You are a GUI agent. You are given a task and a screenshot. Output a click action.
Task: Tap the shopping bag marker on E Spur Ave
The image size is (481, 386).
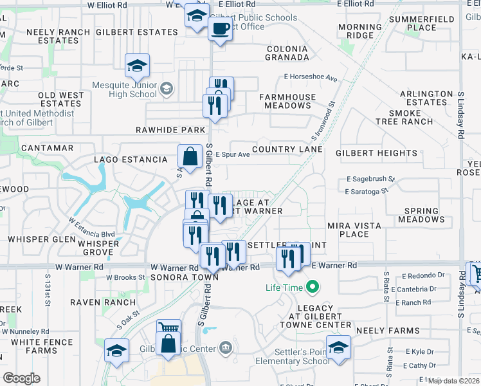pos(191,156)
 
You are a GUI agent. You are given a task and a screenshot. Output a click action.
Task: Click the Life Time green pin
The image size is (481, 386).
pos(313,286)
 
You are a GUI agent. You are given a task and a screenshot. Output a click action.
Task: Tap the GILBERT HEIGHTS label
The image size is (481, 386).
pos(376,153)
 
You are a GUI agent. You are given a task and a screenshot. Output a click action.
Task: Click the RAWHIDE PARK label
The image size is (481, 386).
pos(170,130)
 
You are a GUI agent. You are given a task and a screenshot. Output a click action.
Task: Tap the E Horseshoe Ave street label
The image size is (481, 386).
pos(311,78)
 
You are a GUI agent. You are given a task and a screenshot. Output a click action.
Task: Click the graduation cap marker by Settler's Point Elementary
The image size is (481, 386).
pos(338,348)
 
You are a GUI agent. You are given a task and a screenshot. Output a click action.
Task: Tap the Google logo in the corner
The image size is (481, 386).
pos(21,378)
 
